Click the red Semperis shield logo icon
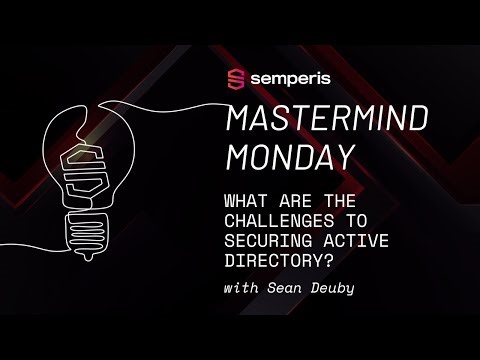236,78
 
